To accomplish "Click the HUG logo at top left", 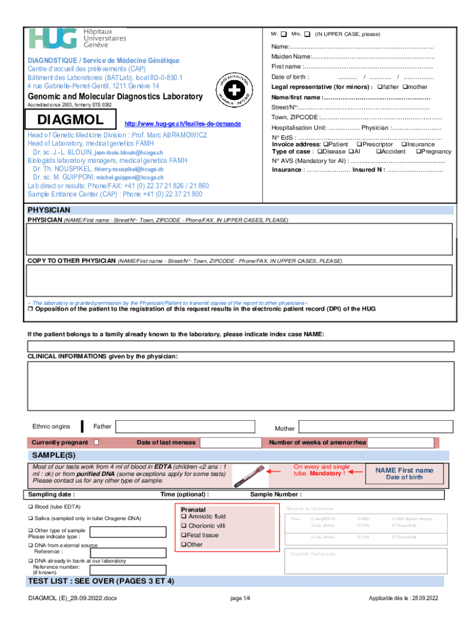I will [53, 39].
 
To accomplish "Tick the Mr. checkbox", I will [284, 33].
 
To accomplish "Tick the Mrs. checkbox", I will [307, 33].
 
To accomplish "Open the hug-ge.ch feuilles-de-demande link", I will [182, 124].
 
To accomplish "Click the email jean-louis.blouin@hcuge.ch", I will [129, 153].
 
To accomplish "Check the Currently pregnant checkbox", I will [96, 443].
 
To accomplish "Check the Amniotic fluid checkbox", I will [184, 517].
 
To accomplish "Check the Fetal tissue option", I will [184, 535].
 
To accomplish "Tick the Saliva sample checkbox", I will [30, 519].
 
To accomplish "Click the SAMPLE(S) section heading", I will [54, 455].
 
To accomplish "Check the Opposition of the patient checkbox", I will [30, 309].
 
